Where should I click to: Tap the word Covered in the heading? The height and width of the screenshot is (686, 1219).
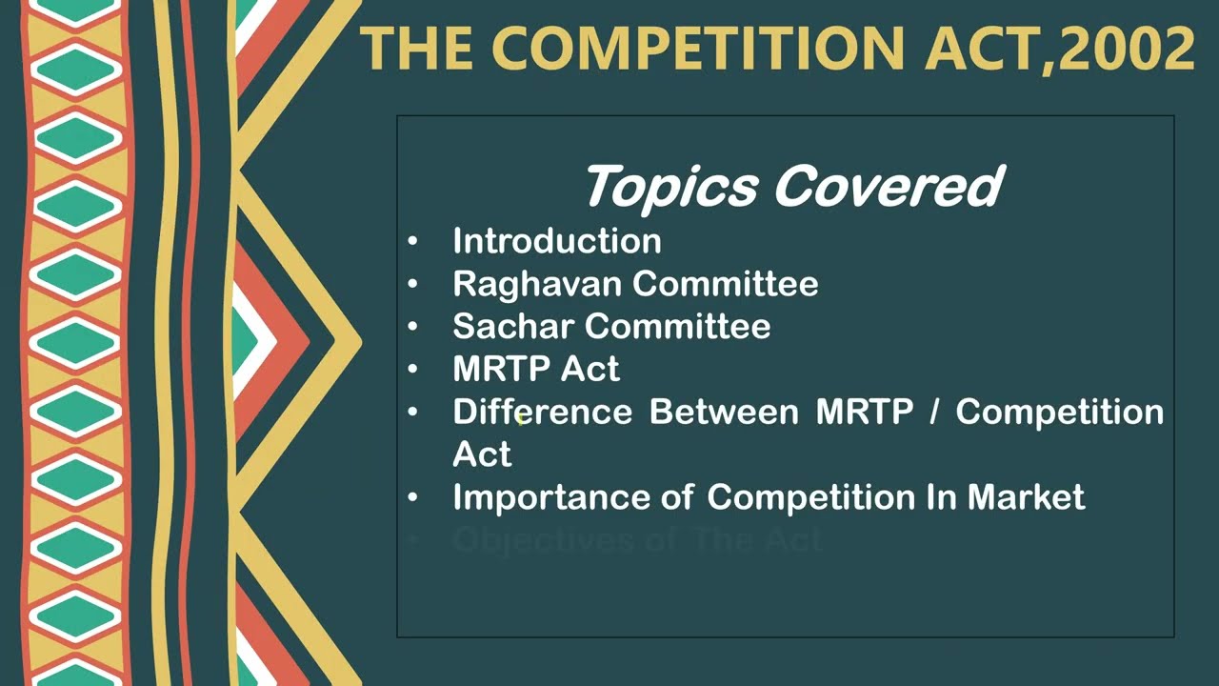point(887,186)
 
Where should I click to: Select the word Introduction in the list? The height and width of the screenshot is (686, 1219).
point(557,241)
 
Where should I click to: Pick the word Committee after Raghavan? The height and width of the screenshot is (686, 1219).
point(726,284)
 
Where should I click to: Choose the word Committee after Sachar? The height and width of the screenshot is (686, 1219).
point(678,327)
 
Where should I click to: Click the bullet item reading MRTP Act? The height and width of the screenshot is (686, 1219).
point(536,369)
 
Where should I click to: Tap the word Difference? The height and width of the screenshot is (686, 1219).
point(542,412)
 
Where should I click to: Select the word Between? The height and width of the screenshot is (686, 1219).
point(724,412)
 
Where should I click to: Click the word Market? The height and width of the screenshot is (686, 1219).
point(1027,497)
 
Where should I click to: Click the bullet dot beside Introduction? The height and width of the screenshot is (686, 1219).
point(412,242)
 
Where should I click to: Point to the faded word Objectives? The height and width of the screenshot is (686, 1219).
point(534,540)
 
